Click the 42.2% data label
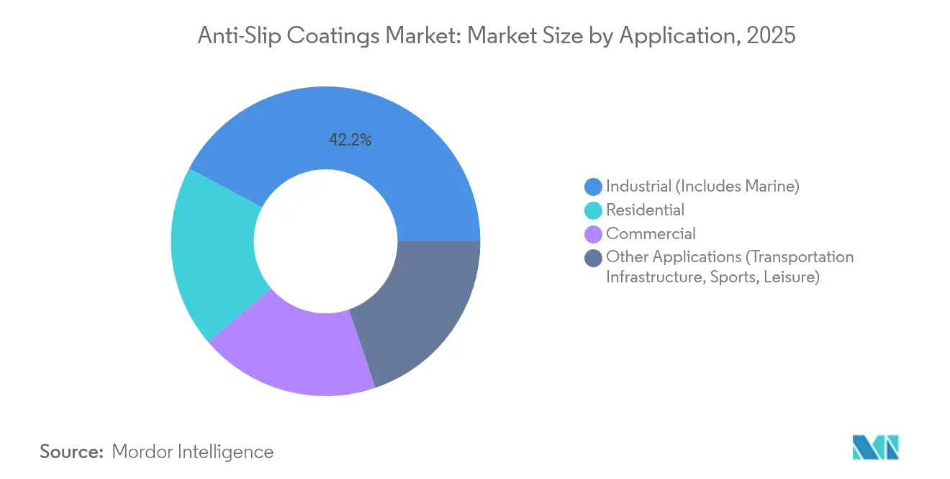pos(350,140)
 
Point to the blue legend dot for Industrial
pos(593,187)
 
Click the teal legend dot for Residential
pos(593,210)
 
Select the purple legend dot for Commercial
pos(593,234)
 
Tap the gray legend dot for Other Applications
pos(593,258)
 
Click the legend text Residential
pos(645,210)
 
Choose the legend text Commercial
pos(651,234)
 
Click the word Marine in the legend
pos(772,187)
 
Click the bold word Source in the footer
pos(71,452)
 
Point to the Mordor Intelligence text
pos(193,452)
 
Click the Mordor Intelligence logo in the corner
pos(875,447)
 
